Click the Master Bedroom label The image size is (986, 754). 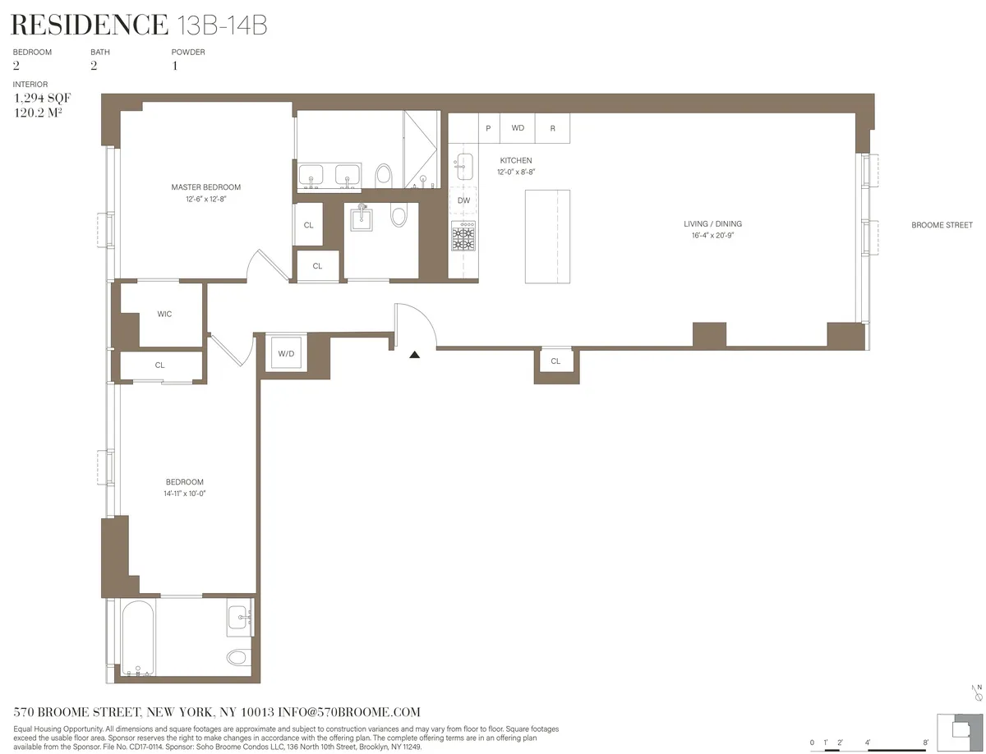click(x=205, y=187)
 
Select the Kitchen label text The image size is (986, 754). click(x=516, y=161)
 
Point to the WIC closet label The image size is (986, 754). click(x=164, y=315)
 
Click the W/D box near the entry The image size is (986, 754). click(x=286, y=354)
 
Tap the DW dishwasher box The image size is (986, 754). click(x=463, y=200)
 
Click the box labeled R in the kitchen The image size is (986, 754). click(x=552, y=128)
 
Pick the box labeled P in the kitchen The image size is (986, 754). click(x=489, y=128)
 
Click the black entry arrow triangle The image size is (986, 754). click(x=415, y=355)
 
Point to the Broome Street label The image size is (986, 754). click(x=941, y=225)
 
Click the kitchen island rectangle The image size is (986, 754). click(x=547, y=236)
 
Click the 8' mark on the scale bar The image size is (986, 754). click(x=926, y=743)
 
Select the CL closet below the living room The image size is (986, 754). click(x=555, y=361)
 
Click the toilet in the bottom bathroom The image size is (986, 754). click(x=238, y=657)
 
